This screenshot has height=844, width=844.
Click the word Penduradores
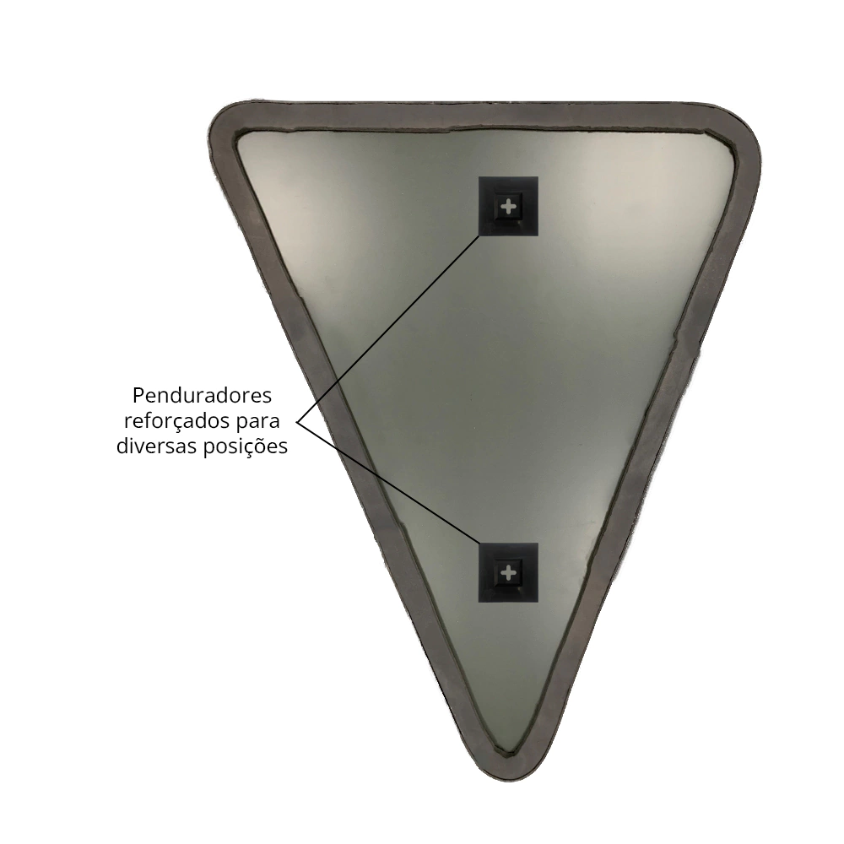click(202, 396)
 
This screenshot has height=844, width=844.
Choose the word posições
click(246, 447)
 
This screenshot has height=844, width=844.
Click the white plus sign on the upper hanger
click(508, 206)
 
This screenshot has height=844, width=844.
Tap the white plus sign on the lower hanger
click(508, 573)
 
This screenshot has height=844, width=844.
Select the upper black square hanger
click(508, 206)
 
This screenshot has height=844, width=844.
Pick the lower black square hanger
click(508, 572)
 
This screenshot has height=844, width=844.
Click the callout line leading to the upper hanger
click(387, 329)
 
